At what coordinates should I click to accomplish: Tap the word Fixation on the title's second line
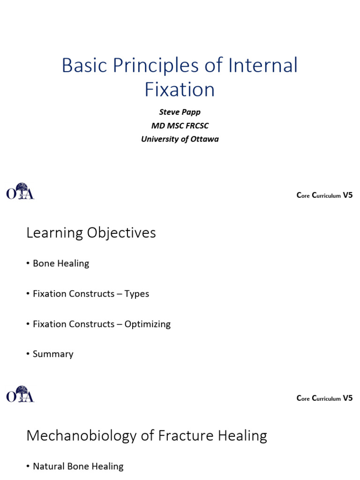point(180,89)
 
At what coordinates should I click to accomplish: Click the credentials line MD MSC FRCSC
point(180,126)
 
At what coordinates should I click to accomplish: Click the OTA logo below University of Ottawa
point(20,191)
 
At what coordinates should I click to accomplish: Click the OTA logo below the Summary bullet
point(20,394)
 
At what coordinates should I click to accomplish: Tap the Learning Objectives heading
point(91,232)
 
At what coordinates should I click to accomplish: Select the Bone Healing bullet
point(60,263)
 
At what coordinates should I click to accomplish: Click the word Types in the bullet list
point(136,294)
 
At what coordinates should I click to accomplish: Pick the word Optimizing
point(147,324)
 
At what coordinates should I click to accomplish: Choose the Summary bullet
point(52,354)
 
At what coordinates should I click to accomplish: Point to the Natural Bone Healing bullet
point(78,466)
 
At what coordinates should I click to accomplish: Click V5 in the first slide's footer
point(347,195)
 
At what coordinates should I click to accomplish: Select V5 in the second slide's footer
point(347,398)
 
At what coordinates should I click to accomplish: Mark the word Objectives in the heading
point(123,232)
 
